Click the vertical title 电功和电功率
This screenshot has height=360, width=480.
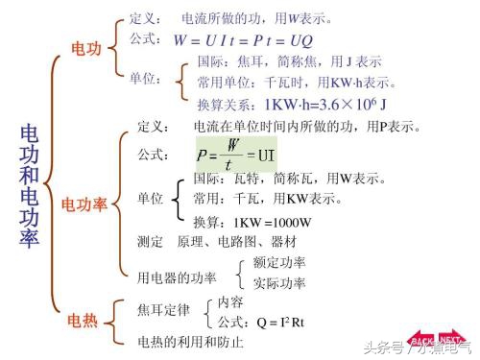point(30,186)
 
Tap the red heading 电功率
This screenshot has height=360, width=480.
point(84,204)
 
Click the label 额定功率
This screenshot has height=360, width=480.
point(279,262)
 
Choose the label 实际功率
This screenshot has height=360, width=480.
point(279,283)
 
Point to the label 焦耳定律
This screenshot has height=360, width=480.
point(163,310)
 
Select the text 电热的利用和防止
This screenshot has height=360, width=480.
point(190,342)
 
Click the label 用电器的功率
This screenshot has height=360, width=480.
point(177,277)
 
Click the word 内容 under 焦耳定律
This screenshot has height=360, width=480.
point(230,301)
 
